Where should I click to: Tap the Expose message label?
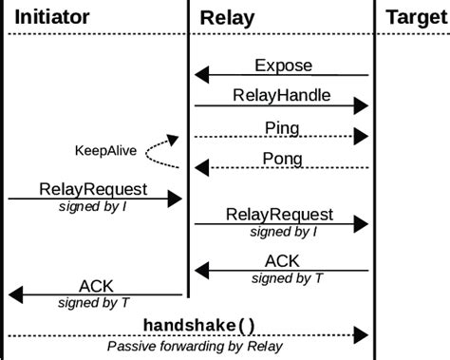point(283,65)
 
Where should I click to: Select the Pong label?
point(283,157)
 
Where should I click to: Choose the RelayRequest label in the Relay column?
point(280,215)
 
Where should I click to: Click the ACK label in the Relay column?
point(283,261)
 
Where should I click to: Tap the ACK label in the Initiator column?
point(96,285)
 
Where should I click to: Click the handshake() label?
point(199,325)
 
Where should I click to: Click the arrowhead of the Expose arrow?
point(201,74)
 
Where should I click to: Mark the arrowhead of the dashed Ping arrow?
point(362,136)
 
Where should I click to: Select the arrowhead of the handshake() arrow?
point(362,335)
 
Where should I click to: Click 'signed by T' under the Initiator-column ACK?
point(95,303)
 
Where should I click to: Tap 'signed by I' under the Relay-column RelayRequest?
point(281,232)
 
